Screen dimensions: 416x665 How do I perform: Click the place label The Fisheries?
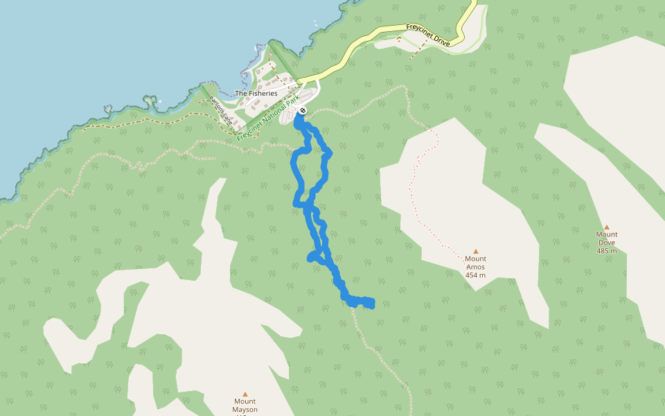[256, 93]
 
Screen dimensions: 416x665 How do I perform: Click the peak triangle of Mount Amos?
[476, 251]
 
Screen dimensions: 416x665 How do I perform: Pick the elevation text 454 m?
[475, 275]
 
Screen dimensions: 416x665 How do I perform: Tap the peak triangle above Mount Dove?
[606, 227]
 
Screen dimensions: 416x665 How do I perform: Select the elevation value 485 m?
[606, 251]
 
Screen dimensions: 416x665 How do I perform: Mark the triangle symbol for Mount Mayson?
[245, 393]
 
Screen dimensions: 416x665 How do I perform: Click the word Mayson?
[245, 410]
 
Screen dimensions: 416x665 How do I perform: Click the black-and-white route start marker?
[303, 110]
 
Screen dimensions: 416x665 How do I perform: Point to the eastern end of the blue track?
[372, 303]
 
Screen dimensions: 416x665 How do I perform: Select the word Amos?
[475, 267]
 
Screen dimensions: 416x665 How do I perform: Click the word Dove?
[606, 243]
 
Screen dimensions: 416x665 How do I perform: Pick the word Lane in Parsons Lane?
[226, 117]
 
